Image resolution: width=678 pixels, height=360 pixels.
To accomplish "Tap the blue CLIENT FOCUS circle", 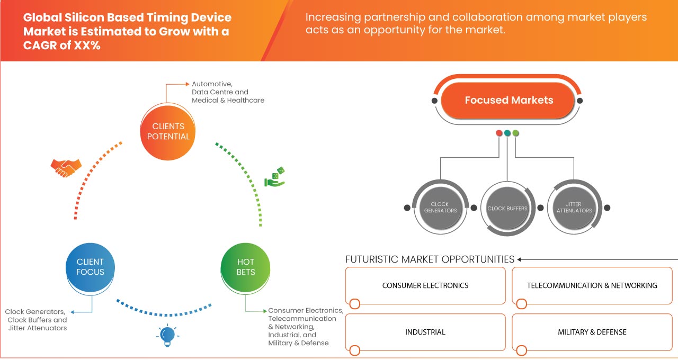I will point(90,267).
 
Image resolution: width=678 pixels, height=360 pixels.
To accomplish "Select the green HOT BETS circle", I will point(245,267).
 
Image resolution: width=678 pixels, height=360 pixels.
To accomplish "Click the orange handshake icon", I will point(66,167).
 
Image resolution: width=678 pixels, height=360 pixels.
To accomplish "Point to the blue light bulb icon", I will point(167,335).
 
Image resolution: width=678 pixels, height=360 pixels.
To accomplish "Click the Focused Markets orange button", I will point(508,100).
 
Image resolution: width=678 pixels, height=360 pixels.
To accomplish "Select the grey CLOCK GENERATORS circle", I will point(440,208).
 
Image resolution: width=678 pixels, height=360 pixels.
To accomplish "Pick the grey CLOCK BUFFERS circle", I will point(507,208).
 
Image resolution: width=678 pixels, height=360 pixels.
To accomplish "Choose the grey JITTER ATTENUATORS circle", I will point(574,208).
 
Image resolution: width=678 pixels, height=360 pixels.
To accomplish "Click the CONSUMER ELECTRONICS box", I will point(425,285).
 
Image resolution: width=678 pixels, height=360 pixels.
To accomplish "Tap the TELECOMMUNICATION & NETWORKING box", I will point(592,285).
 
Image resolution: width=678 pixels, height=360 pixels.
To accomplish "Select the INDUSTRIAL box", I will point(425,332).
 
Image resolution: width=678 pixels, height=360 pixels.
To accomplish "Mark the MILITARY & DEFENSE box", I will point(592,332).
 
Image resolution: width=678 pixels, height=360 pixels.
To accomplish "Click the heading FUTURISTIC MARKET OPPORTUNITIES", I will point(430,259).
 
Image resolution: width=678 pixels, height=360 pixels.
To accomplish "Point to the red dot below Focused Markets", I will point(499,133).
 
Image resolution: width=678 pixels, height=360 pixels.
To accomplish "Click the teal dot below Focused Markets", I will point(507,133).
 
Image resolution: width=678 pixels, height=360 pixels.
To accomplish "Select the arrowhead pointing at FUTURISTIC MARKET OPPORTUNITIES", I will point(520,259).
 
